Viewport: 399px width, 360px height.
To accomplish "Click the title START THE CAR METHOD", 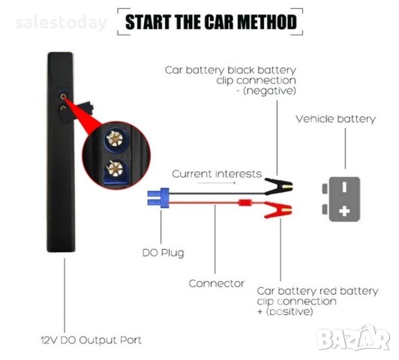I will pyautogui.click(x=210, y=21).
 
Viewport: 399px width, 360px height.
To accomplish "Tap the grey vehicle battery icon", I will pyautogui.click(x=343, y=198).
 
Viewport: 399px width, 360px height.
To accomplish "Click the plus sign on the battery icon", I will pyautogui.click(x=344, y=211).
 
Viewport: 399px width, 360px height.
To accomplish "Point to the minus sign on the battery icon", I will pyautogui.click(x=344, y=186).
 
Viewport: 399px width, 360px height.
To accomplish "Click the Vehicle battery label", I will pyautogui.click(x=335, y=118).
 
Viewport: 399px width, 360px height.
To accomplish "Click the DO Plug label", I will pyautogui.click(x=163, y=253).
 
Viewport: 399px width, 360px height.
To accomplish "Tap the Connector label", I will pyautogui.click(x=216, y=283).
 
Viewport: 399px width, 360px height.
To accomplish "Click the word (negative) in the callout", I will pyautogui.click(x=271, y=91).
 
